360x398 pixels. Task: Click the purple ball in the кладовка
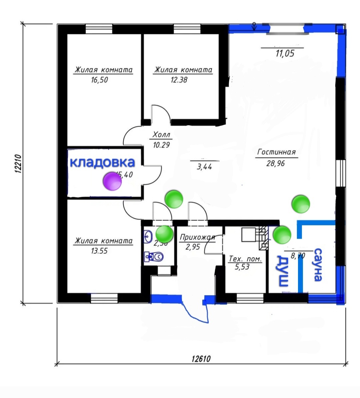click(x=112, y=181)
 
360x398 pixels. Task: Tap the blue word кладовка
click(x=102, y=163)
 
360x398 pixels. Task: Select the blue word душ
click(x=283, y=271)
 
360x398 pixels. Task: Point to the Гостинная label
click(x=276, y=152)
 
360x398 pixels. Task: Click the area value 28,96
click(x=276, y=163)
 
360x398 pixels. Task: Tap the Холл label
click(x=162, y=135)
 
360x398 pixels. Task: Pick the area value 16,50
click(x=99, y=80)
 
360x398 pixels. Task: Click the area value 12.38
click(x=179, y=80)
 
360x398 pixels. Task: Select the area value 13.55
click(x=99, y=251)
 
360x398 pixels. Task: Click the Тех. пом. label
click(x=245, y=259)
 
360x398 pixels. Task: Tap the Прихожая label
click(x=197, y=237)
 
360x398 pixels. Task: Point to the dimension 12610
click(x=201, y=359)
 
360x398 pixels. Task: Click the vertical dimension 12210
click(x=18, y=163)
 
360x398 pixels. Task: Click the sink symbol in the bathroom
click(x=148, y=237)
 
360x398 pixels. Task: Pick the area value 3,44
click(x=204, y=166)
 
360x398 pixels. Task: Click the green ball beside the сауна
click(x=282, y=235)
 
